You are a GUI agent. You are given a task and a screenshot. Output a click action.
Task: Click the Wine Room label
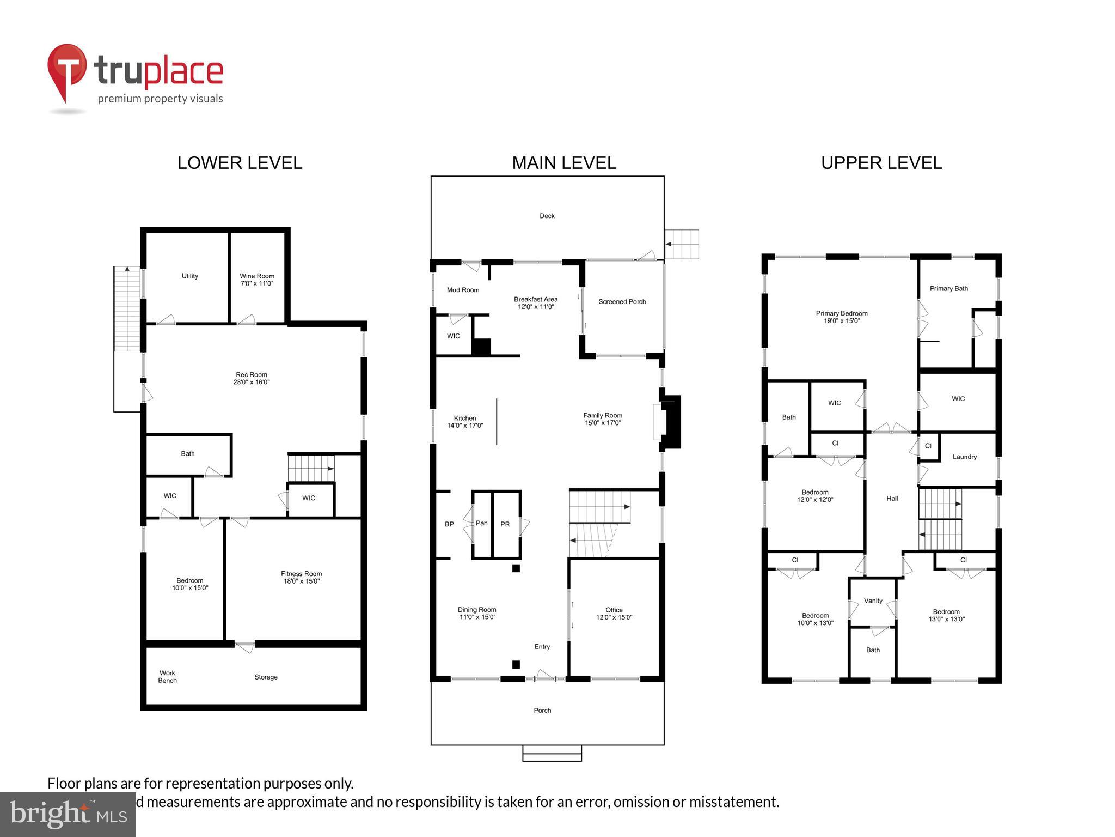257,276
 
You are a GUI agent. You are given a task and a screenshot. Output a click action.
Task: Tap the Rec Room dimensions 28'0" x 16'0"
252,382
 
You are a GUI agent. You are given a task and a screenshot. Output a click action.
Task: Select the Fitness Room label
301,573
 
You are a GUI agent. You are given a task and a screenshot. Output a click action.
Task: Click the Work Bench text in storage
168,676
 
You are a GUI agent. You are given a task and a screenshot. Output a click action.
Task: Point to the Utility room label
190,276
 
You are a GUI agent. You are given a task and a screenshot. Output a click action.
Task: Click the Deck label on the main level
547,216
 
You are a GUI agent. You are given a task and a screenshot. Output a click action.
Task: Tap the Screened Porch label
622,301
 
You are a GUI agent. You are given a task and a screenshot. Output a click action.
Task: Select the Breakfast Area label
536,299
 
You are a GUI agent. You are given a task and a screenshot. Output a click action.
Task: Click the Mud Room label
463,290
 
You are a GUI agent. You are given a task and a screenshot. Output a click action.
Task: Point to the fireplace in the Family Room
670,421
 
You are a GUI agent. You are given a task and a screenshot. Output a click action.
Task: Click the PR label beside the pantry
505,524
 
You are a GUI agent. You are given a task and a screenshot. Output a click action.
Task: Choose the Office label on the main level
614,610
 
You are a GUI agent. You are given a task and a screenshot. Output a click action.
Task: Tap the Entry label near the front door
542,646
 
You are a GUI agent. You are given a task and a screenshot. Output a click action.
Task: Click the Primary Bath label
948,288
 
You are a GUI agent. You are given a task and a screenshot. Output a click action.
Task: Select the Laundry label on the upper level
964,457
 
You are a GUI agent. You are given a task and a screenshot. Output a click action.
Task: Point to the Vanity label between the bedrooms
873,601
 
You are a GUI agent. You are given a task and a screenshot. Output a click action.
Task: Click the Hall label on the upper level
892,498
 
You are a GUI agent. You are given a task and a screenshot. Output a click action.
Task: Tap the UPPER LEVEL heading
881,163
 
